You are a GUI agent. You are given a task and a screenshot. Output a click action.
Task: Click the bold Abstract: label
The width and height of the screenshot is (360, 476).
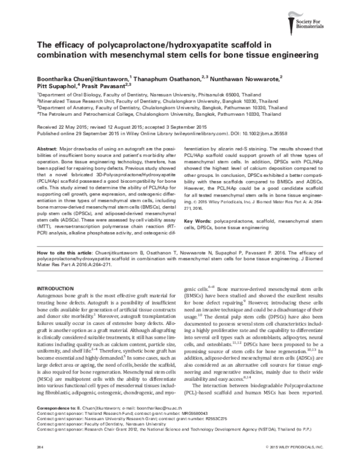tap(49, 147)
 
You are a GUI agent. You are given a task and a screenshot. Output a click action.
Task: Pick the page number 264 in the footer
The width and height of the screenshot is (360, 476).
tap(41, 465)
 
